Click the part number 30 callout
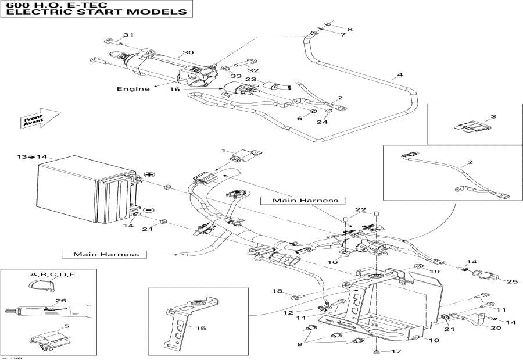click(x=188, y=53)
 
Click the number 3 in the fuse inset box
click(x=493, y=117)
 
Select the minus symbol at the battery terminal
click(x=148, y=209)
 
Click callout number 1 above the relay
click(x=222, y=151)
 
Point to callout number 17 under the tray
click(x=396, y=351)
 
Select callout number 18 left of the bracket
click(x=277, y=291)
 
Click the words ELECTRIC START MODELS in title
click(x=96, y=12)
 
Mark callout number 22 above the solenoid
click(x=361, y=209)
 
